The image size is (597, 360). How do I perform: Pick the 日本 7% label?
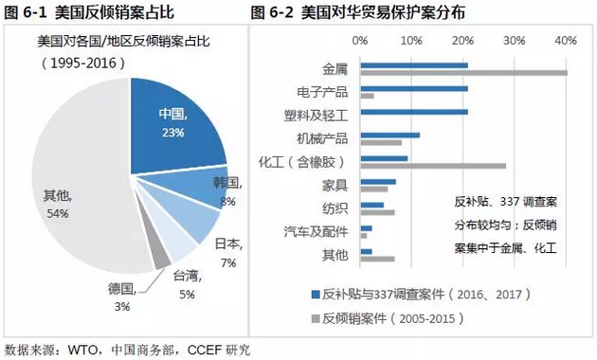coord(226,251)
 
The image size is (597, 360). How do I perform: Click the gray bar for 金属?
coord(463,73)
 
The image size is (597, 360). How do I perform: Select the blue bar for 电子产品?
coord(413,88)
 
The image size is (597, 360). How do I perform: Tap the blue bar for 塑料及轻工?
coord(413,112)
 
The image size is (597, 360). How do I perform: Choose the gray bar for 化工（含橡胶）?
coord(433,166)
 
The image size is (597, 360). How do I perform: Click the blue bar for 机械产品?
coord(389,135)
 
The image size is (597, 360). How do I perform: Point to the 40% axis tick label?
coord(566,41)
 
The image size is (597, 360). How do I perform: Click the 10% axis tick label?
coord(411,41)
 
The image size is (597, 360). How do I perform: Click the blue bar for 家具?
coord(378,181)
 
